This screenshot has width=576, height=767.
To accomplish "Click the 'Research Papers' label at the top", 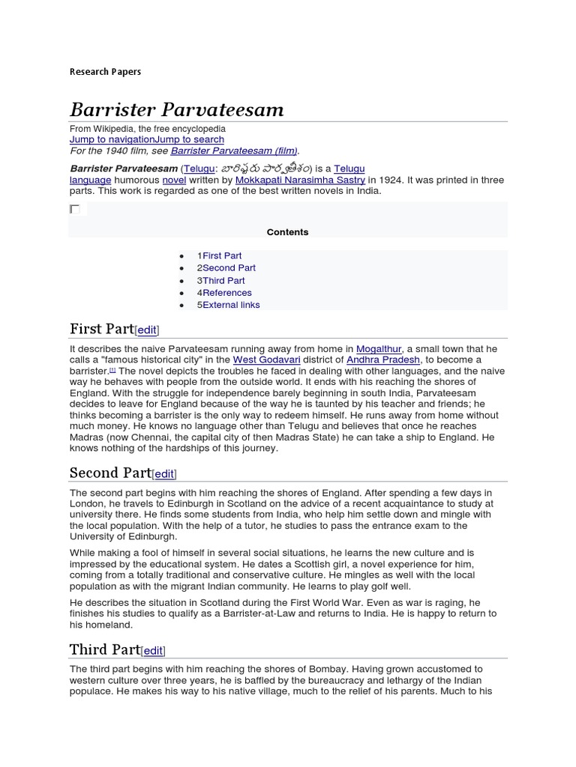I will pyautogui.click(x=105, y=72).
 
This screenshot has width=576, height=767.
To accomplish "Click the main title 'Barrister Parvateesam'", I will pyautogui.click(x=177, y=110).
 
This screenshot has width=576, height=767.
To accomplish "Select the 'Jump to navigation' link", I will pyautogui.click(x=112, y=139).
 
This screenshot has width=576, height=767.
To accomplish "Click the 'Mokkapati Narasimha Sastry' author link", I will pyautogui.click(x=300, y=180).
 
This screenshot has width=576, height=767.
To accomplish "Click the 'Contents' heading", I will pyautogui.click(x=287, y=232).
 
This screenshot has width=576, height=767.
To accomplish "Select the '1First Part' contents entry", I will pyautogui.click(x=219, y=255).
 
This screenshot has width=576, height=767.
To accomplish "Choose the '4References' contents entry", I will pyautogui.click(x=224, y=292).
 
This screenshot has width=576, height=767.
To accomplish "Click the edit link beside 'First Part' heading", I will pyautogui.click(x=147, y=330).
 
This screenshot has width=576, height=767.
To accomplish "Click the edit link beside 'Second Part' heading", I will pyautogui.click(x=164, y=474).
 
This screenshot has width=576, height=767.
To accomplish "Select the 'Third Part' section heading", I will pyautogui.click(x=104, y=649).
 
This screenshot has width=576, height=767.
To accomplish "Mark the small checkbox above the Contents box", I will pyautogui.click(x=74, y=209).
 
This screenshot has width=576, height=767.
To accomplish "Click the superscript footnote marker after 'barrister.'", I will pyautogui.click(x=112, y=369).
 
